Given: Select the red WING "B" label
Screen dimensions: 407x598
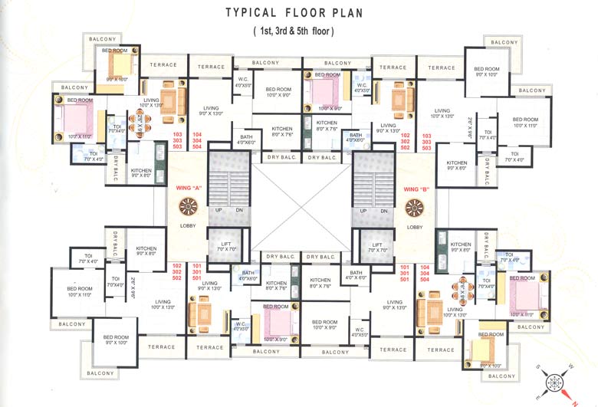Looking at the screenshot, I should point(415,189).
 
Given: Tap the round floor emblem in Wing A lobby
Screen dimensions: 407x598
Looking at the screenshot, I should point(189,207).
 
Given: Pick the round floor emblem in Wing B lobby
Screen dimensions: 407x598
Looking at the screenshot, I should point(415,207).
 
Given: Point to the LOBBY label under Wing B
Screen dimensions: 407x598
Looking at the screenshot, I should point(415,227).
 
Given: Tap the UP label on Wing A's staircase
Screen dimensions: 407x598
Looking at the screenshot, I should point(219,210).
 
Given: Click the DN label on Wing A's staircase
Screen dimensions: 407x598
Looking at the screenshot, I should point(239,210).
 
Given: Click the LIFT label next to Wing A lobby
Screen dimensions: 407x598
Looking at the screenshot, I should point(228,243).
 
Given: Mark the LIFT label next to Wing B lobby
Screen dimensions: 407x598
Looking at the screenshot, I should point(375,243).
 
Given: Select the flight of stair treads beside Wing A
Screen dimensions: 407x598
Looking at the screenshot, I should point(228,176).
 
